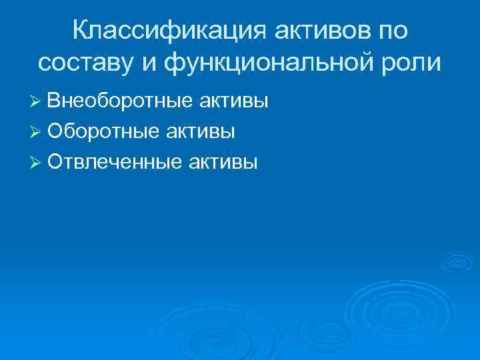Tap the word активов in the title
(306, 29)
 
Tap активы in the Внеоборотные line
(233, 101)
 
